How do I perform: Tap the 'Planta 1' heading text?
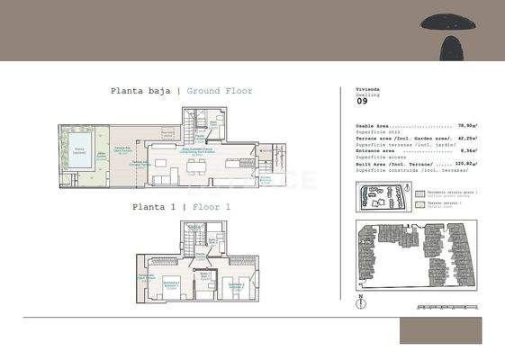[152, 207]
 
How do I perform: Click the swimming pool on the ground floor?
[80, 149]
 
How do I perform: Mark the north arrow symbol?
[362, 301]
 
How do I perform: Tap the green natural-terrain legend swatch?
[419, 204]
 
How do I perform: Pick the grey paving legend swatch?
[419, 193]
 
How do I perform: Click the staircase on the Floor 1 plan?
[192, 238]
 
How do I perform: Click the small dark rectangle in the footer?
[440, 330]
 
